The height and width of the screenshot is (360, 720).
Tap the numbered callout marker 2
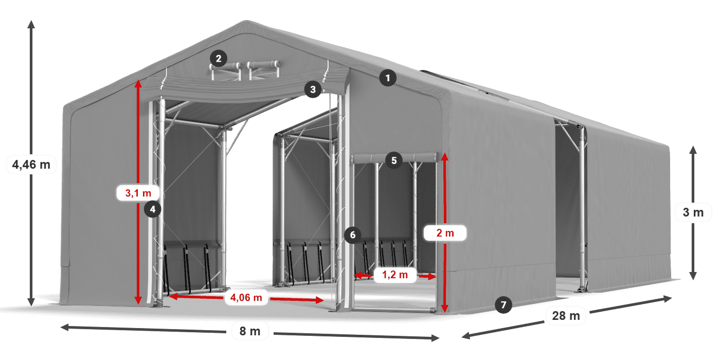219,58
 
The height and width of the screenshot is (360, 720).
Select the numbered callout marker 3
313,89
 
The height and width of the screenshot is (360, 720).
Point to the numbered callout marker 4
152,209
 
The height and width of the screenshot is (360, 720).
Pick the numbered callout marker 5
394,160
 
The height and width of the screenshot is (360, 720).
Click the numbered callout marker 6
352,236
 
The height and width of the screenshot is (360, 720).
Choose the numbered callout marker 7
503,305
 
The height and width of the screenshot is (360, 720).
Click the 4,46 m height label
31,165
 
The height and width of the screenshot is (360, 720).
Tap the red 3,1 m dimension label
138,193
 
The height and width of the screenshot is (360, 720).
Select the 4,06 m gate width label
246,297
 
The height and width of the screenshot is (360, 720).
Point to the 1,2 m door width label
394,275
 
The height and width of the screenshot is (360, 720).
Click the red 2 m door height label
445,233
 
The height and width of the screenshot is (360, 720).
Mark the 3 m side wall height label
693,212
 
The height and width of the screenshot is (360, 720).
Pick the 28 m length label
566,316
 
